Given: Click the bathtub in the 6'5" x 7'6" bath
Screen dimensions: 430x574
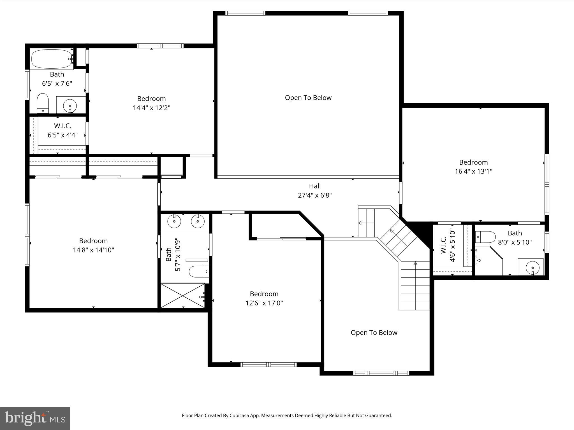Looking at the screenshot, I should pos(52,59).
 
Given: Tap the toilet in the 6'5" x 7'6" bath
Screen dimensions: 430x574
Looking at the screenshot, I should pos(43,103).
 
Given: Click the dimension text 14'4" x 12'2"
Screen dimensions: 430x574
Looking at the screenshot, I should pos(151,108).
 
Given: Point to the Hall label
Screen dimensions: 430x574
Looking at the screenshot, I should pos(315,186).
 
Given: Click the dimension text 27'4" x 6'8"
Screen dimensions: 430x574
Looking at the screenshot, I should pos(315,195).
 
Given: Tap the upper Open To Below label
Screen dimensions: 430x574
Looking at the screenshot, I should pos(308,98).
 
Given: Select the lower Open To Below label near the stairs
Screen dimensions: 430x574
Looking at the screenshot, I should pos(374,333).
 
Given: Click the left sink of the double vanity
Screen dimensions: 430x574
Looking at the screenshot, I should pos(174,221).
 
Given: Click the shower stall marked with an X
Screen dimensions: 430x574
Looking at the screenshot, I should pos(182,295).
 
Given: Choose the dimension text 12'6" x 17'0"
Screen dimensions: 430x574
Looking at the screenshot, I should pos(264,303).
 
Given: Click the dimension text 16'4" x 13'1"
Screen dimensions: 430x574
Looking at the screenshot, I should pos(473,171).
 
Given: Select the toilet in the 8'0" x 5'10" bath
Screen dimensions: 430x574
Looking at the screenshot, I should pos(485,237).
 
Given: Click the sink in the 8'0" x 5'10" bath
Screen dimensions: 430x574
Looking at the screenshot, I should pos(532,267).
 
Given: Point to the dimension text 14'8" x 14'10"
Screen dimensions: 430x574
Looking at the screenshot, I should pos(93,250).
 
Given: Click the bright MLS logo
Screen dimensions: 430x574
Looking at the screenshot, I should pos(35,419).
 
